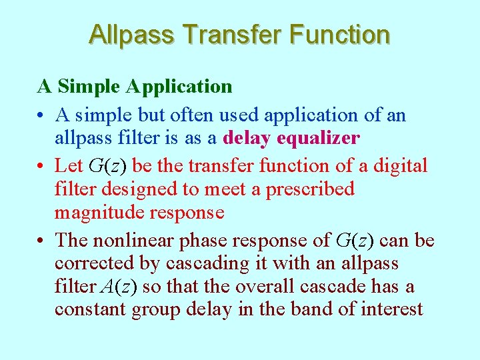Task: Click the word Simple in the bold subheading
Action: (x=90, y=87)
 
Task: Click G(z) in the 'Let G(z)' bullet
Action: (x=105, y=165)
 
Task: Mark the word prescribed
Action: (x=310, y=189)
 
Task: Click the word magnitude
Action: (x=95, y=213)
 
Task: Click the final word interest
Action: (x=394, y=311)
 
